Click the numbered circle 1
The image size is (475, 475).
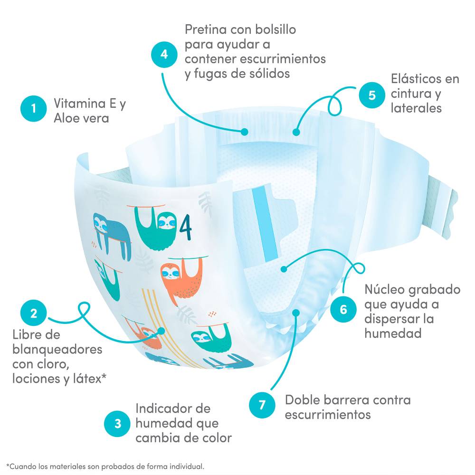pyautogui.click(x=33, y=108)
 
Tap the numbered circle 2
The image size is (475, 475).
pyautogui.click(x=33, y=313)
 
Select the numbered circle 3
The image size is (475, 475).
pyautogui.click(x=117, y=424)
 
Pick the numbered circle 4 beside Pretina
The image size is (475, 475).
pyautogui.click(x=164, y=54)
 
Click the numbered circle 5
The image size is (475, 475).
pyautogui.click(x=372, y=95)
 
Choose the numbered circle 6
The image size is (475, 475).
pyautogui.click(x=343, y=309)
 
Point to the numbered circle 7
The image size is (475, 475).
pyautogui.click(x=262, y=405)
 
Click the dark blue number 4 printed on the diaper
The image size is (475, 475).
pyautogui.click(x=185, y=227)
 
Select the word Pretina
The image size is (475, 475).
pyautogui.click(x=206, y=29)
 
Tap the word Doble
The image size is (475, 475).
pyautogui.click(x=302, y=400)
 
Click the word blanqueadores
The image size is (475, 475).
pyautogui.click(x=57, y=350)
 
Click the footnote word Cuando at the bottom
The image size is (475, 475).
pyautogui.click(x=22, y=466)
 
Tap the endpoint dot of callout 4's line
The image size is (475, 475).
pyautogui.click(x=245, y=132)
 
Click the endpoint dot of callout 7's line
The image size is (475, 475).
pyautogui.click(x=296, y=313)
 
